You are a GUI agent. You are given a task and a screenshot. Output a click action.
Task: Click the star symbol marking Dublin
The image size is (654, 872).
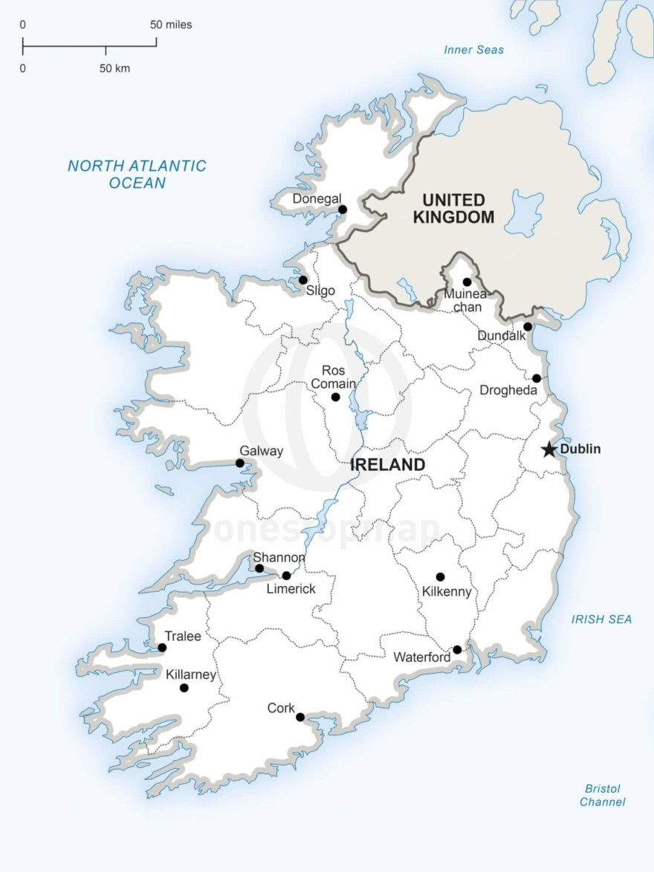548,449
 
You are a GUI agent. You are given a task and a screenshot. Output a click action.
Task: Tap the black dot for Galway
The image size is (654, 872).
240,463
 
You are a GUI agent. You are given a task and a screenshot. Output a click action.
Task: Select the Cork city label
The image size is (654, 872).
281,709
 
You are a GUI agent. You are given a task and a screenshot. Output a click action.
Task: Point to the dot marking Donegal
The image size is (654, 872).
343,209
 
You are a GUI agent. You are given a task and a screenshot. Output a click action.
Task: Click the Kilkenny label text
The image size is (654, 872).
446,592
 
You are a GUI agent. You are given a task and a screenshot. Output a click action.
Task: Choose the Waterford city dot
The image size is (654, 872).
457,649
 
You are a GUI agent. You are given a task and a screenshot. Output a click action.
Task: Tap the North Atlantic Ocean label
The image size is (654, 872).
137,174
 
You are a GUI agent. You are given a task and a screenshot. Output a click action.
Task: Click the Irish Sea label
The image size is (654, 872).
601,619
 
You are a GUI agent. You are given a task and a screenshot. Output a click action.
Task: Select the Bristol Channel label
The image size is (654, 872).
602,795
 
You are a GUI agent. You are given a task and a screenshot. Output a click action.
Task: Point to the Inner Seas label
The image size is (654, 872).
473,50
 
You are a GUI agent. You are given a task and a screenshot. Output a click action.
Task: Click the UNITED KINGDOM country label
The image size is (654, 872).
453,209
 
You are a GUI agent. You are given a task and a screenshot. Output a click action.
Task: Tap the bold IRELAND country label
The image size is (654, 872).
387,465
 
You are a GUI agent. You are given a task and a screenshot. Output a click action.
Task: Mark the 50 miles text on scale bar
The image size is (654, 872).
171,25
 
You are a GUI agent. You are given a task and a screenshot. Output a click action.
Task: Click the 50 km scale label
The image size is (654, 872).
114,68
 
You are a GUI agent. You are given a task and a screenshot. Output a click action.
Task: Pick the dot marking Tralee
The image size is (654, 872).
162,648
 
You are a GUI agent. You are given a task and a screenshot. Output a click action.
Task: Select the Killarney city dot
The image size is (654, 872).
184,688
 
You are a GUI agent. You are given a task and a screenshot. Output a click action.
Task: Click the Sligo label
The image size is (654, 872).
320,291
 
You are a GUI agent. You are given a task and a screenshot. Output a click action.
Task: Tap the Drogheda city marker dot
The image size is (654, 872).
537,378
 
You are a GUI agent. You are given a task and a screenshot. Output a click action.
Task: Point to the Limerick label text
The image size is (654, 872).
291,589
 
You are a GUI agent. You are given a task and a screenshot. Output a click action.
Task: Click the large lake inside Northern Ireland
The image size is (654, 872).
524,212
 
